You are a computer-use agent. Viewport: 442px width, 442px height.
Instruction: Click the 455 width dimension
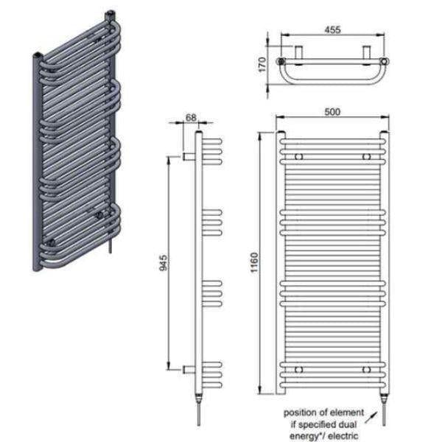[x=331, y=30]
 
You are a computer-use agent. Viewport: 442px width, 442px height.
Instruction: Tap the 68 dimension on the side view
[x=190, y=117]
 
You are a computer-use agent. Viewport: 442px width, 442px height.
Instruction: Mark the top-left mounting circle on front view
[x=299, y=157]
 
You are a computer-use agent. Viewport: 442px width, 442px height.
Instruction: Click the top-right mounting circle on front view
[x=365, y=157]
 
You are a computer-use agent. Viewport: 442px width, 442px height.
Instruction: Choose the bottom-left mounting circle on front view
[x=299, y=368]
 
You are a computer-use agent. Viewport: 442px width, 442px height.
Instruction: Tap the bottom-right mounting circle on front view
[x=365, y=368]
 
